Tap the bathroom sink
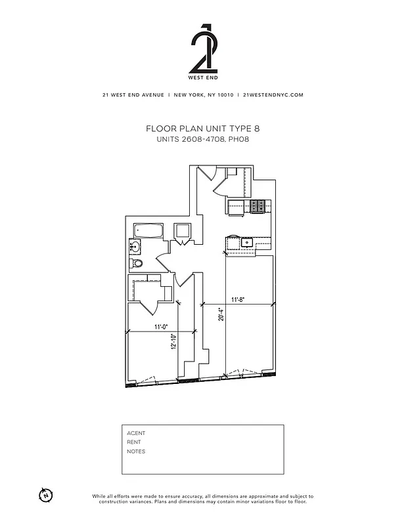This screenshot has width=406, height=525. (x=135, y=247)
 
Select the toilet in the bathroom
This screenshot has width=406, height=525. (x=137, y=263)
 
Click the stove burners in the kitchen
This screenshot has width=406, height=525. (x=258, y=206)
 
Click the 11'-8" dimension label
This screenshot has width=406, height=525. (x=239, y=300)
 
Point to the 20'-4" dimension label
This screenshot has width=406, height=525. (x=222, y=316)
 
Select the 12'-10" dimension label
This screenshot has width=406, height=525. (x=173, y=342)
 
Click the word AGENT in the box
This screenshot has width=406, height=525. (x=136, y=433)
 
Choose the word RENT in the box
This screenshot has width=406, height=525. (x=134, y=442)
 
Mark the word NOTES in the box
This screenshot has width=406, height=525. (x=136, y=451)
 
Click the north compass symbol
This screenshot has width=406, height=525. (x=45, y=493)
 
